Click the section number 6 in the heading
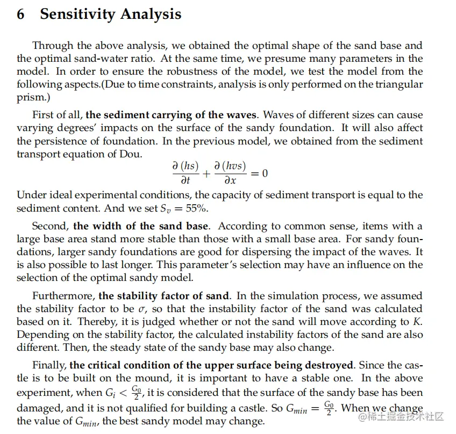(20, 15)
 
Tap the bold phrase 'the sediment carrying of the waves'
(173, 115)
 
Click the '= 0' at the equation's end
(259, 173)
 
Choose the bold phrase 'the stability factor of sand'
(164, 296)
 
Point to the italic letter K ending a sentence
(419, 322)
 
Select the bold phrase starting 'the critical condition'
(211, 365)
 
